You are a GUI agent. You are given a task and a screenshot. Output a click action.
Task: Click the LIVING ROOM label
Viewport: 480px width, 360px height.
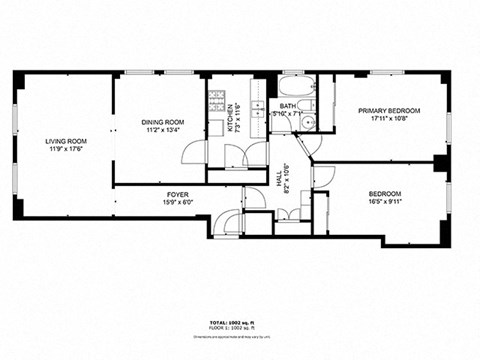coord(66,141)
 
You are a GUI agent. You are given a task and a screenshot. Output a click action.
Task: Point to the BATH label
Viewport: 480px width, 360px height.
coord(287,106)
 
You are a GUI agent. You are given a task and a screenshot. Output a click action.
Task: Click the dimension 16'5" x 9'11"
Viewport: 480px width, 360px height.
coord(385,201)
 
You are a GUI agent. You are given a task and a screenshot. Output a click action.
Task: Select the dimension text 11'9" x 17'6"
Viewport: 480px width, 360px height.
coord(66,149)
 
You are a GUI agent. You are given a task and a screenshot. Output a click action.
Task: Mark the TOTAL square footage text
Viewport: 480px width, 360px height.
coord(238,323)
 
